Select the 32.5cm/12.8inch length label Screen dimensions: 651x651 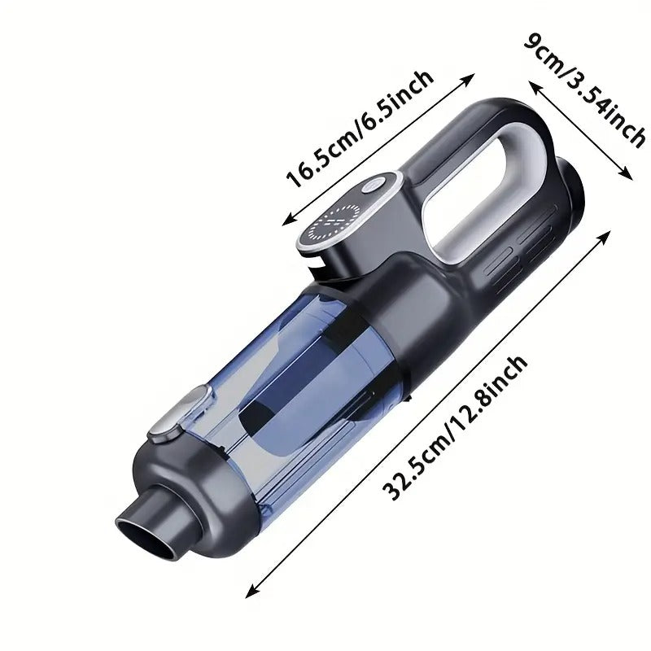coord(457,428)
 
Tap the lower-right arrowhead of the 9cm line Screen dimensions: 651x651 coord(627,173)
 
